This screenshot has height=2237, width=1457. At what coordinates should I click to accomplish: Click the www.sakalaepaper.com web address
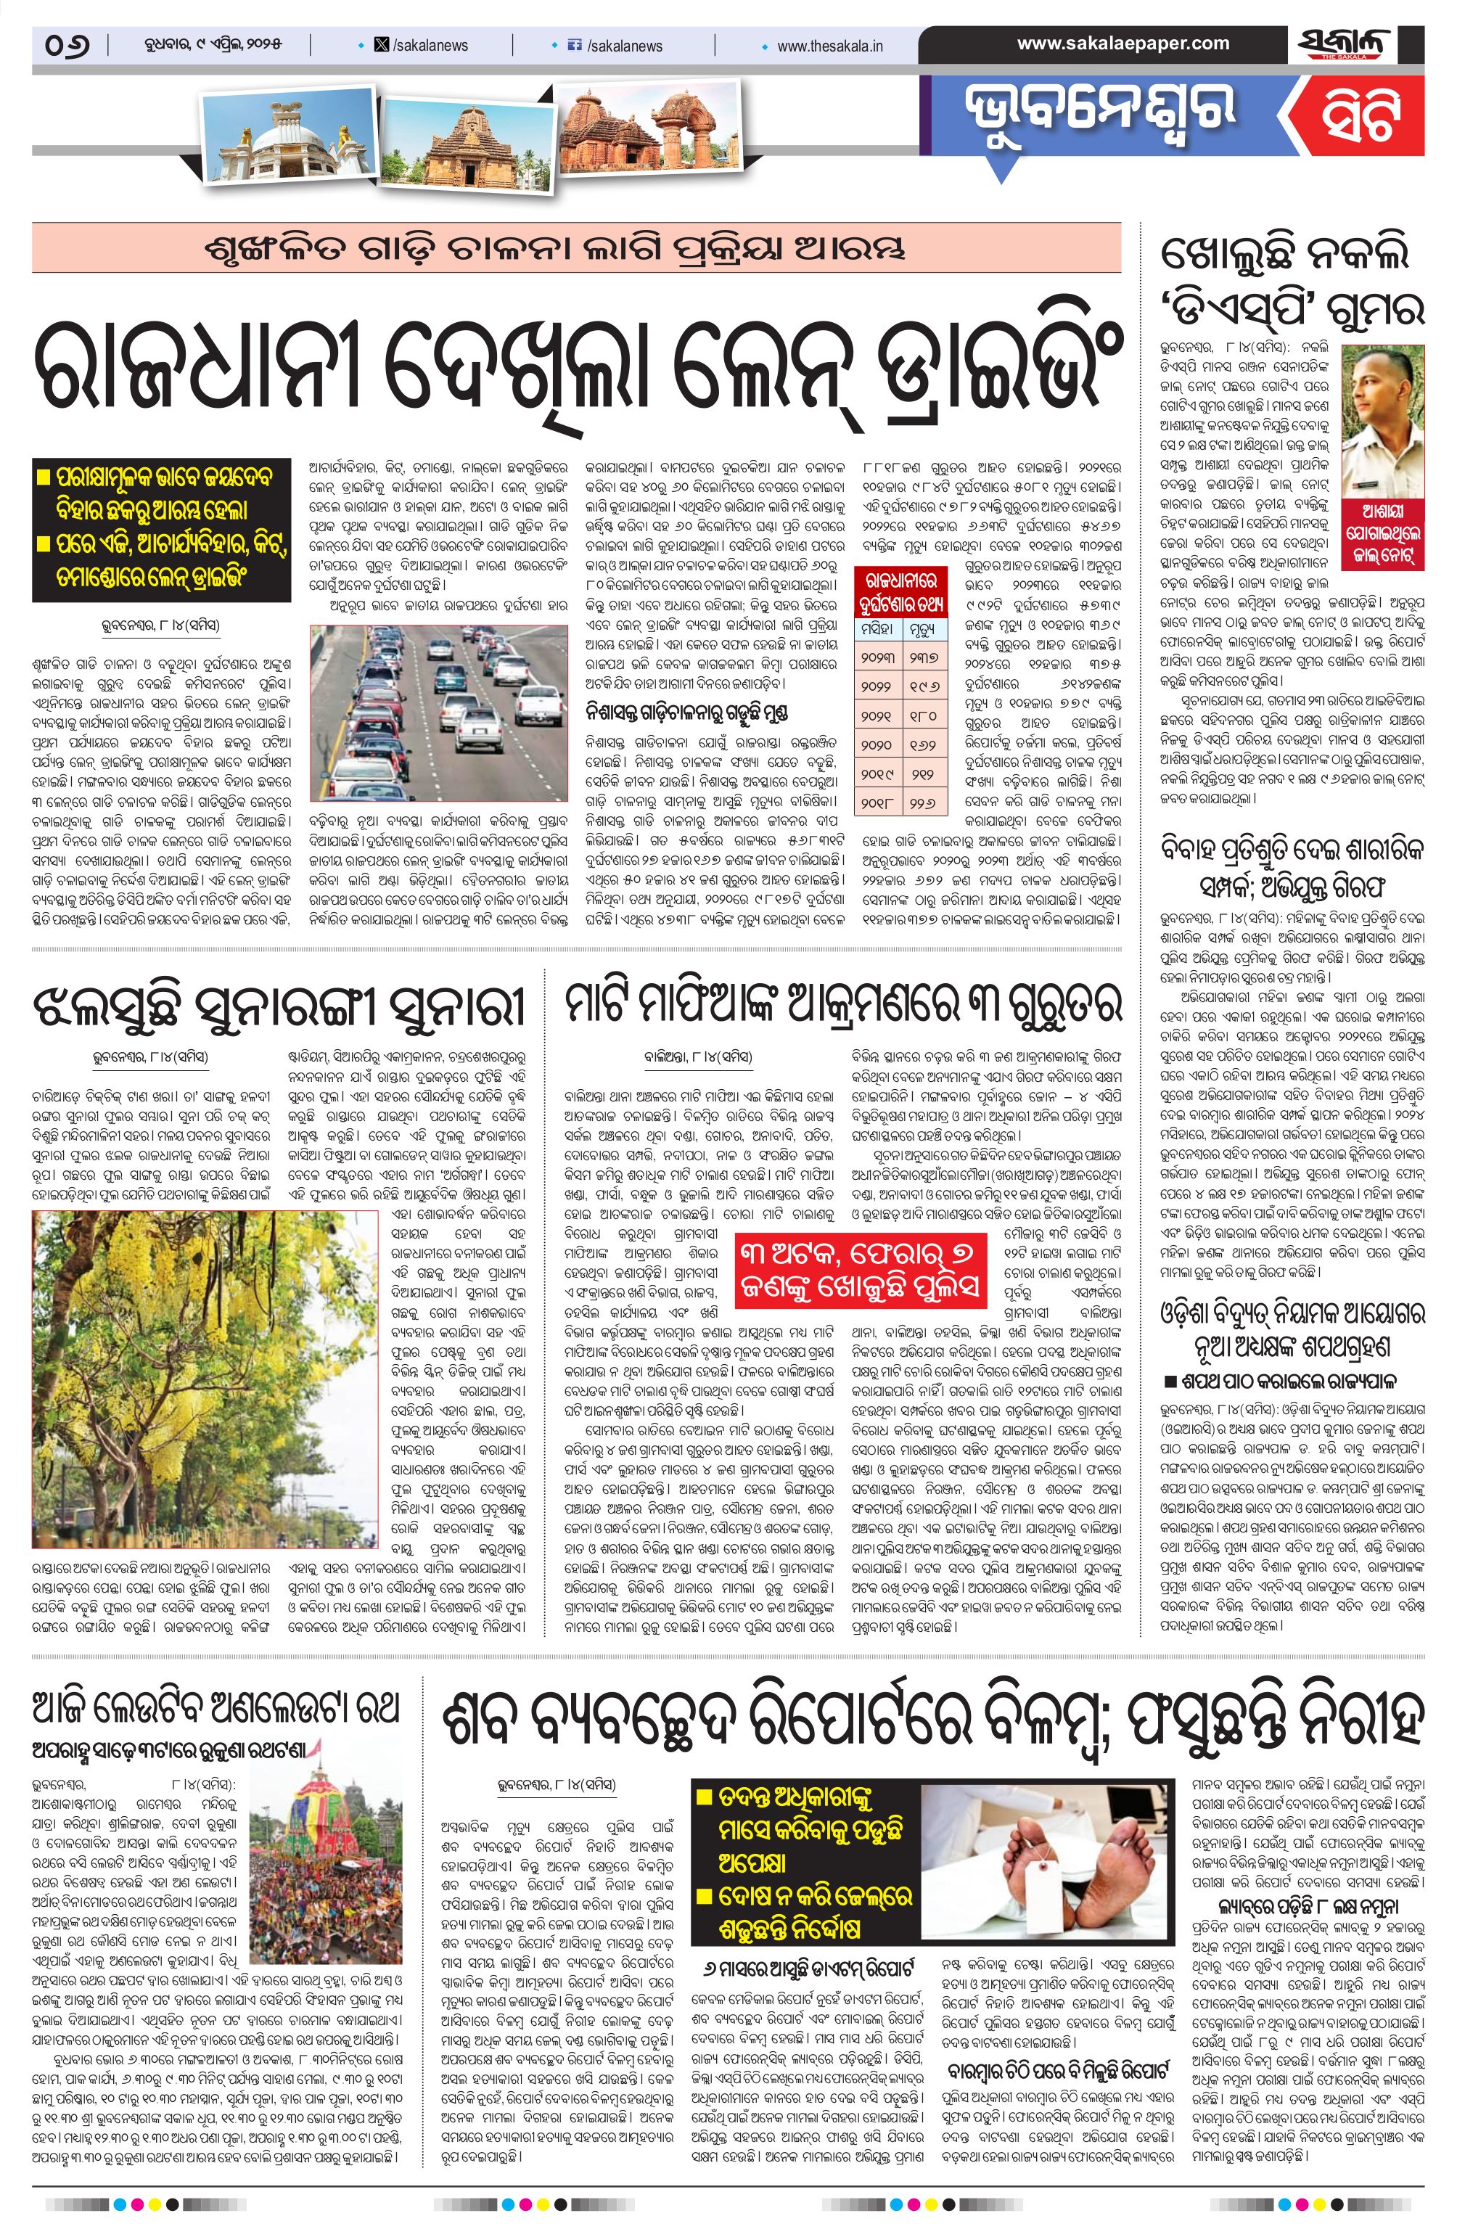[1122, 44]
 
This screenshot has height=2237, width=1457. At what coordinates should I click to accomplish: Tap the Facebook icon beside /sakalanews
[575, 45]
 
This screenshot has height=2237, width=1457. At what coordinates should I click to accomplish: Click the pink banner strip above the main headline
[575, 248]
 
